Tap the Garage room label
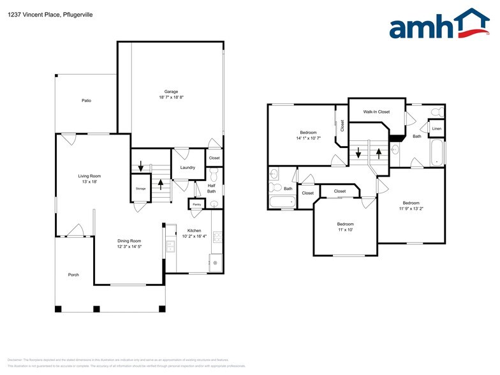[x=171, y=92]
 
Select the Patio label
[x=86, y=101]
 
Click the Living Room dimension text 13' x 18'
[x=90, y=182]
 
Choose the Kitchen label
[x=194, y=230]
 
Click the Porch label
[x=74, y=275]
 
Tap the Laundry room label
[x=187, y=168]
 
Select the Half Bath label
[x=212, y=188]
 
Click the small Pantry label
[x=197, y=204]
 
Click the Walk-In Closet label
[x=376, y=112]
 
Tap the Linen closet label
[x=436, y=129]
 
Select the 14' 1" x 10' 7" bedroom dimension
[x=308, y=138]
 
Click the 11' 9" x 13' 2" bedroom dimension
[x=411, y=208]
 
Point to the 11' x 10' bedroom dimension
[x=345, y=230]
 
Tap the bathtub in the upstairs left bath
[x=283, y=203]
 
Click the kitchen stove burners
[x=216, y=237]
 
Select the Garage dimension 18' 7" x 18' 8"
[x=171, y=98]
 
